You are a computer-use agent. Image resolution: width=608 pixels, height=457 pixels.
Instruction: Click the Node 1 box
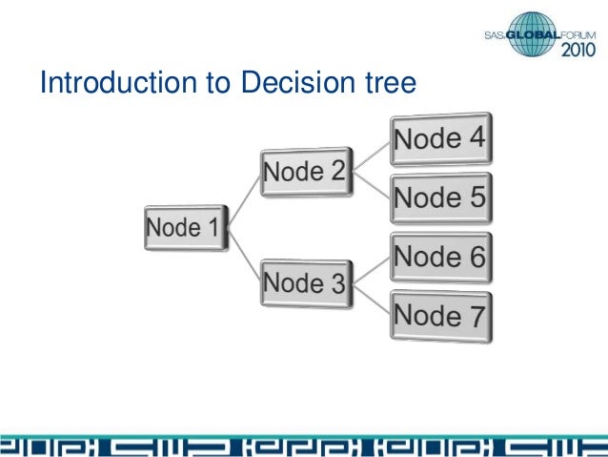187,228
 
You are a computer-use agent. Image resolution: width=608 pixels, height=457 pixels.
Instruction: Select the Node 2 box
304,173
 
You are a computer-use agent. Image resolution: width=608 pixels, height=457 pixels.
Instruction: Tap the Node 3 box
304,283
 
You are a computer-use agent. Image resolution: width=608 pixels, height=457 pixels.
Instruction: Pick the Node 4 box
439,139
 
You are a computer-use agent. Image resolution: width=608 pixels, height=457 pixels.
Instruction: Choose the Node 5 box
439,197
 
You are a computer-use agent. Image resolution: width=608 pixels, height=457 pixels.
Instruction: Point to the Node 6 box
439,257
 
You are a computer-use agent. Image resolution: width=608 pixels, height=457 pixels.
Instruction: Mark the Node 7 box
439,314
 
